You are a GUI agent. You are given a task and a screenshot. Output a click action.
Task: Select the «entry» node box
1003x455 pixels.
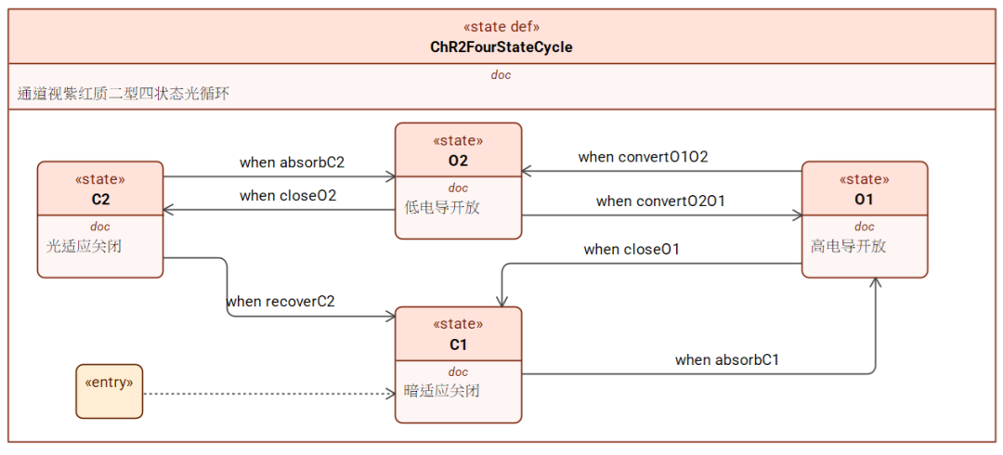[x=110, y=391]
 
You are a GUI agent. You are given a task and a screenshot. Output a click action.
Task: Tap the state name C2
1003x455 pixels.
[x=100, y=199]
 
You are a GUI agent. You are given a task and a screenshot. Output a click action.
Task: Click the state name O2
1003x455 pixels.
[x=458, y=161]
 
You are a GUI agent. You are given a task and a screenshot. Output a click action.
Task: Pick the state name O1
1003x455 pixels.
[x=865, y=199]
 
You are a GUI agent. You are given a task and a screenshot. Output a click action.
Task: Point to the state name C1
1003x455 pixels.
[x=458, y=344]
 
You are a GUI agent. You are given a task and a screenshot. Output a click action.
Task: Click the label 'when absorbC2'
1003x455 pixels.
[x=293, y=162]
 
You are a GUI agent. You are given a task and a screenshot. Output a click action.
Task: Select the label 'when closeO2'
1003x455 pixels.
[x=288, y=196]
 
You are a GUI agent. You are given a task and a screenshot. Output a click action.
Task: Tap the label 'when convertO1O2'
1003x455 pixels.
[x=643, y=157]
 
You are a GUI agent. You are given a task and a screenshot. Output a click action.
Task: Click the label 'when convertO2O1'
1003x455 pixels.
[x=661, y=201]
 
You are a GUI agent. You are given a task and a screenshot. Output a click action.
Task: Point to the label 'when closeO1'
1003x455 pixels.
[x=632, y=250]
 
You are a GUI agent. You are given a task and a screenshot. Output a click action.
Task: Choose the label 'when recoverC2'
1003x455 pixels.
[x=280, y=300]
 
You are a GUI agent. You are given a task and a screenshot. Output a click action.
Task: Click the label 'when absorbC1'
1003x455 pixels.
[x=726, y=359]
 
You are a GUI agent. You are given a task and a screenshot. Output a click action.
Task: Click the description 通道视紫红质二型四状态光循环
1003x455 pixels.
[x=124, y=94]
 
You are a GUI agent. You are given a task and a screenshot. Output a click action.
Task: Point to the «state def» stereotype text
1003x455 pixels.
[x=501, y=27]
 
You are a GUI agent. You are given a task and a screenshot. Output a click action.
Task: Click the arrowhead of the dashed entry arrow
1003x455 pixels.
[x=392, y=394]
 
